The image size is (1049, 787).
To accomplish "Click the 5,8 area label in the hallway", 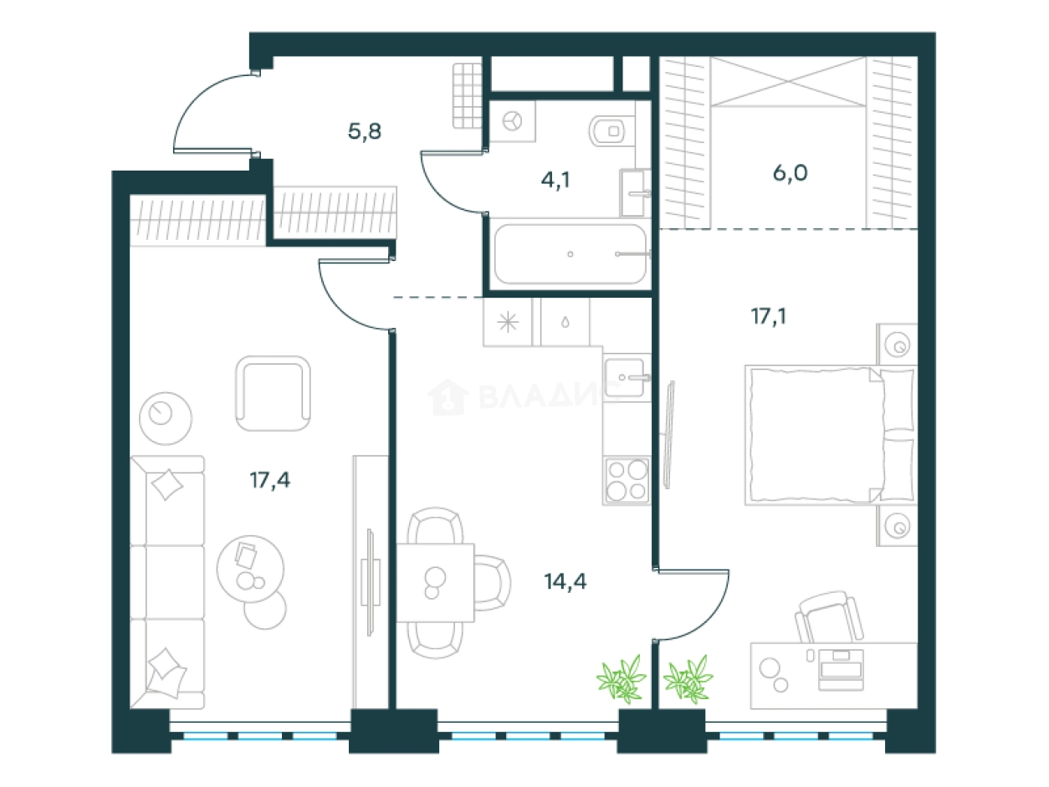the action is [x=365, y=131].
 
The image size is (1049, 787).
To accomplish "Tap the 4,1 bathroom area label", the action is [x=555, y=181].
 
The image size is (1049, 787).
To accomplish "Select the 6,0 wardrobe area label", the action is [x=790, y=172].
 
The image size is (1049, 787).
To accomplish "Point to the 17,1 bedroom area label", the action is [x=769, y=316].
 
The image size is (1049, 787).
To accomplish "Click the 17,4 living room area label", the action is [x=270, y=479].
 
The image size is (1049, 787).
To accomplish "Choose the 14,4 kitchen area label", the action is [x=565, y=581].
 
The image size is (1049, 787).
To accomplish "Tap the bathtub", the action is [x=571, y=253].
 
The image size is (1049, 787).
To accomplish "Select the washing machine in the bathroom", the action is [x=512, y=121].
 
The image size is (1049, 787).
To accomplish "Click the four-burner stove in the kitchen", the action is [x=627, y=480].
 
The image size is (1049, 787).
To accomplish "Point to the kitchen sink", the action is [x=626, y=377].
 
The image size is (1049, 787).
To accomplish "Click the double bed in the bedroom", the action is [x=831, y=435].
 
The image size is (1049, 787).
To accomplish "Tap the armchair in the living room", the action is [x=273, y=394].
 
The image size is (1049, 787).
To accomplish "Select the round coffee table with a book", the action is [x=250, y=569].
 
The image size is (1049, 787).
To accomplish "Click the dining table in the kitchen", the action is [x=435, y=582].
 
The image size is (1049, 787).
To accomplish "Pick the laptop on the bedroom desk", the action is [x=841, y=669].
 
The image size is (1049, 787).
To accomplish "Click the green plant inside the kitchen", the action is [x=622, y=679].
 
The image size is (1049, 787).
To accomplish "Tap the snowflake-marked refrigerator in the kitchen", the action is [x=508, y=322].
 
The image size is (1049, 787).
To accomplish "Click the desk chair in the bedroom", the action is [x=829, y=617].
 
